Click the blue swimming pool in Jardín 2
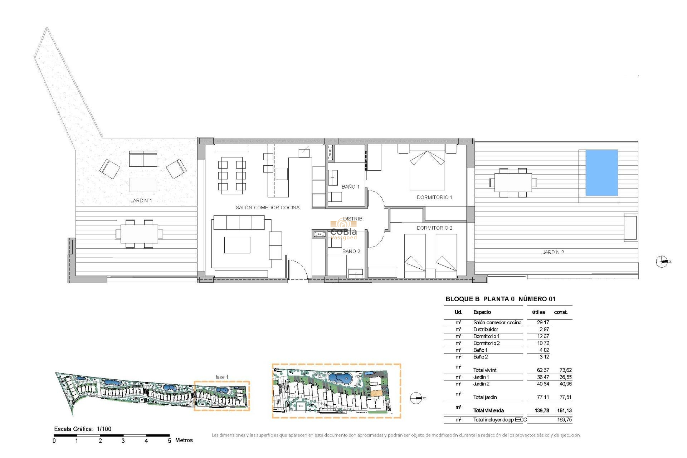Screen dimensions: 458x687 pos(601,173)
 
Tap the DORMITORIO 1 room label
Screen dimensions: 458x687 pos(434,197)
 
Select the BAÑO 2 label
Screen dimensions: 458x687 pos(351,251)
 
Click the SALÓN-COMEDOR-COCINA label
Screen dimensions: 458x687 pos(267,208)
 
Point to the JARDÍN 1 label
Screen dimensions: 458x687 pos(141,200)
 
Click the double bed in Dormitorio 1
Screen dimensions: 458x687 pos(427,168)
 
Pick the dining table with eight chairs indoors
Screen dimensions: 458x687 pos(232,175)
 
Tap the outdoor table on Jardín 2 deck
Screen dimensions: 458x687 pos(513,182)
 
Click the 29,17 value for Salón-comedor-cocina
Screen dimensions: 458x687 pos(543,322)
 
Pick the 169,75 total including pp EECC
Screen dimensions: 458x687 pos(564,420)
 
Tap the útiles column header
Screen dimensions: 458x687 pos(538,312)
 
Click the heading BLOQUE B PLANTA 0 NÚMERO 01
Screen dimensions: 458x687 pos(500,299)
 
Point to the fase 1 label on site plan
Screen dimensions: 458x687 pos(221,377)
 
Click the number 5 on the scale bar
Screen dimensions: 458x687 pos(169,441)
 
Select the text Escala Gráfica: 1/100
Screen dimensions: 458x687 pos(83,429)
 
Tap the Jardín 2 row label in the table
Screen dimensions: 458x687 pos(481,384)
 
